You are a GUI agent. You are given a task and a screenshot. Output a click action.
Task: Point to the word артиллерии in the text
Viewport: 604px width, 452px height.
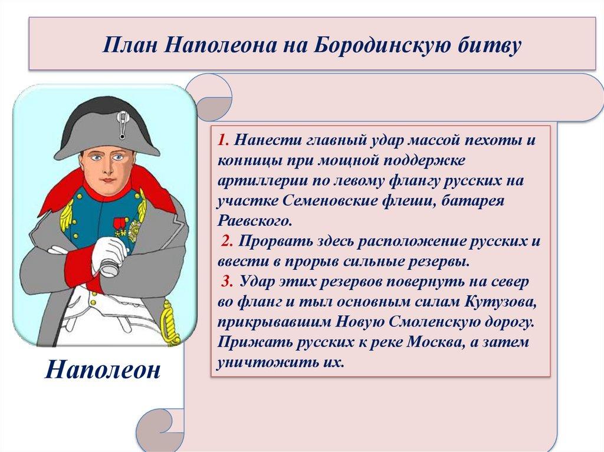[253, 183]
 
